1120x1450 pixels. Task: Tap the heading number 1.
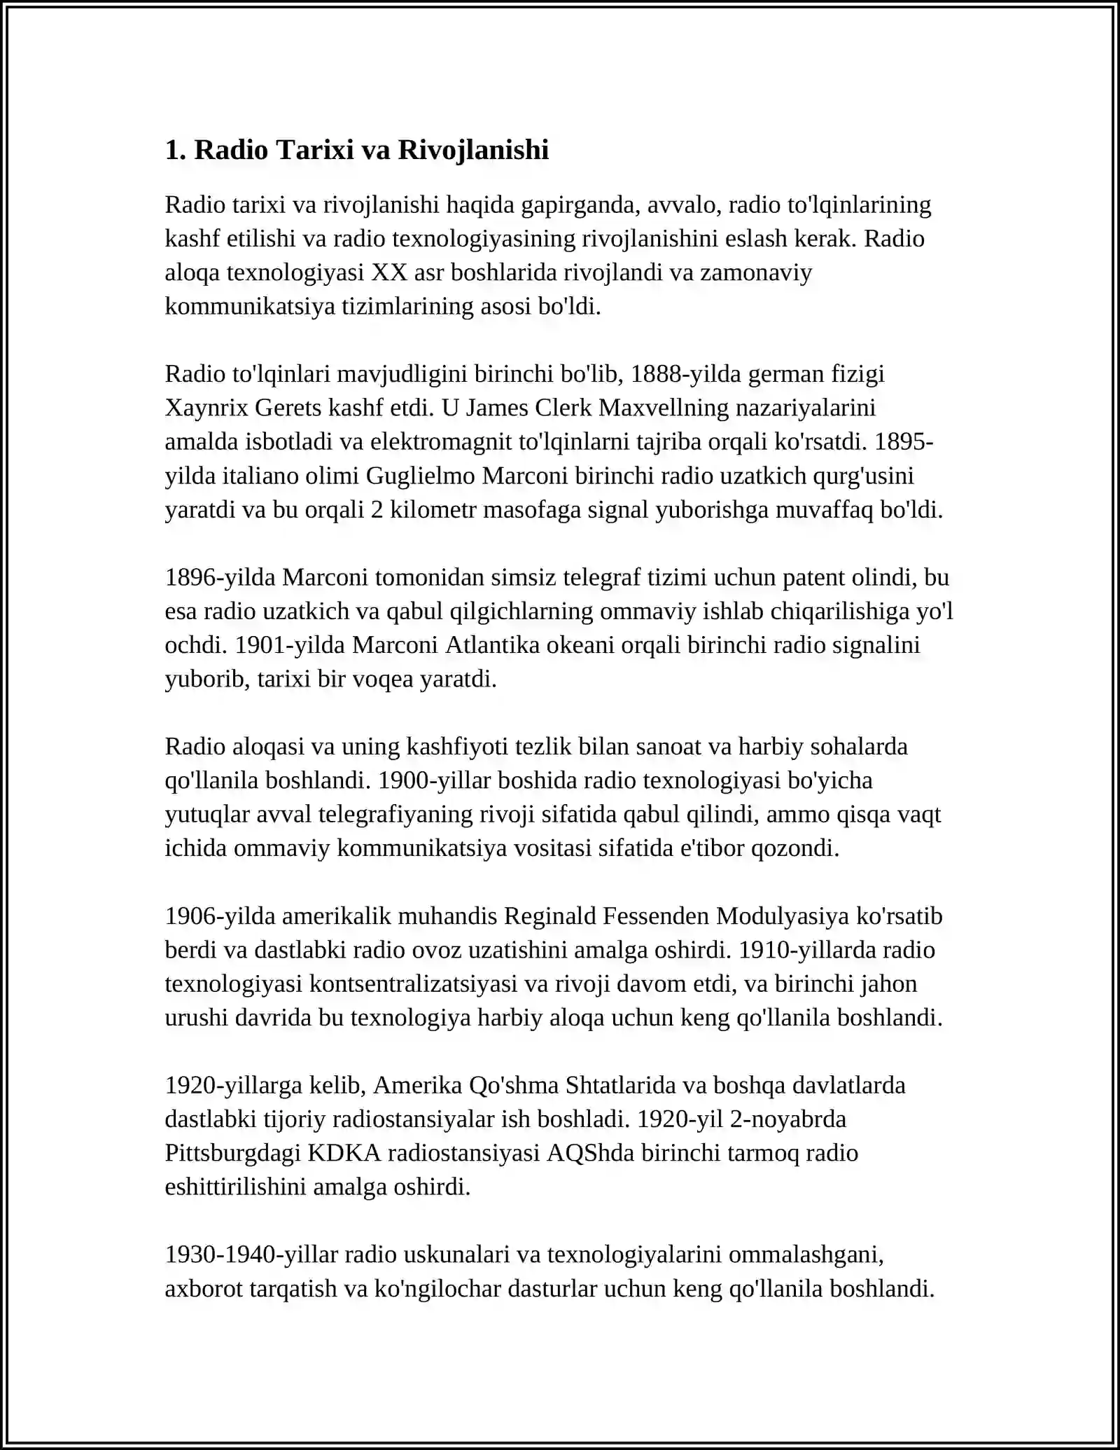point(173,150)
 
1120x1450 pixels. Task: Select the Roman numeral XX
point(389,272)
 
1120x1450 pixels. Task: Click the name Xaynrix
point(206,408)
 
